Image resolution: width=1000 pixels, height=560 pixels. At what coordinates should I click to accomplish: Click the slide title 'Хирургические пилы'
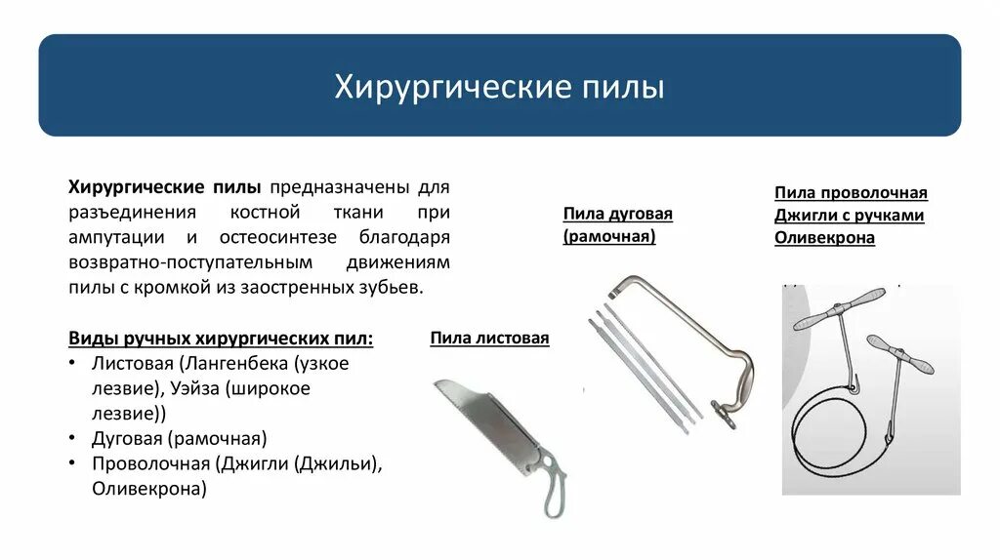(x=500, y=87)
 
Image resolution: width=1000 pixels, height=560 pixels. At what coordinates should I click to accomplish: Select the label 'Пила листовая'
(x=489, y=339)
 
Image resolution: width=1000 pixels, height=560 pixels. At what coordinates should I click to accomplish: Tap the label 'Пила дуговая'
(x=617, y=214)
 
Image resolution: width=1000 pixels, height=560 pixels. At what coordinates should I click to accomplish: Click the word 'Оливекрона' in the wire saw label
(x=824, y=238)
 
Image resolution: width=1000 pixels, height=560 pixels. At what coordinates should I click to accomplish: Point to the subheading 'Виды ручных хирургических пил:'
(x=221, y=339)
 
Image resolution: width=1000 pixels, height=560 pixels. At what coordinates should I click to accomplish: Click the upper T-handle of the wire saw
(x=839, y=309)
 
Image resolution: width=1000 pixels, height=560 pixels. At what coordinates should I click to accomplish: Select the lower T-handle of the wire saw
(x=899, y=355)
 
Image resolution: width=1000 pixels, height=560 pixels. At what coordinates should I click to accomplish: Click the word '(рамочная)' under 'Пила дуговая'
(x=608, y=237)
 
